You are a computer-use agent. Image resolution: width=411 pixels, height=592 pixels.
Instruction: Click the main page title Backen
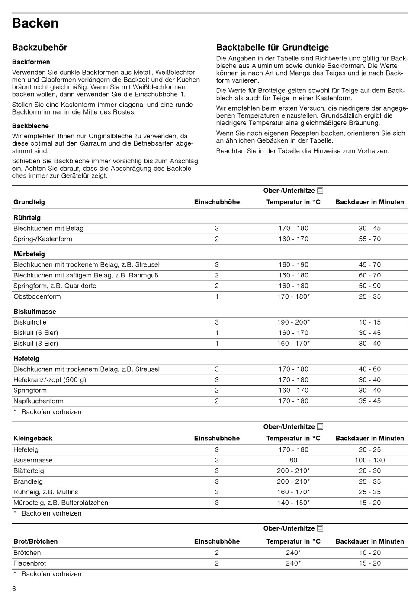click(35, 23)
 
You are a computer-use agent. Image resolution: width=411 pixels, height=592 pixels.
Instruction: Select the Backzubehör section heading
click(40, 48)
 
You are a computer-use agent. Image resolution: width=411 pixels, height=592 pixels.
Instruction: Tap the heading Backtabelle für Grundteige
click(272, 48)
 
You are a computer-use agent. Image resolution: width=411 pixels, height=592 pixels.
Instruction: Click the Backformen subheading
click(31, 62)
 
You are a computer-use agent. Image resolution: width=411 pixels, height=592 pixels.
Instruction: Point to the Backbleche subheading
click(30, 126)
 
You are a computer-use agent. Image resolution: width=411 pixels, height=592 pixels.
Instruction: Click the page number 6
click(14, 589)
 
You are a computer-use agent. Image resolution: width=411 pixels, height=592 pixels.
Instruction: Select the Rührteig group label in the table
click(27, 218)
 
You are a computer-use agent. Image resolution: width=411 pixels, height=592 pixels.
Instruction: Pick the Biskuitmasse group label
click(35, 312)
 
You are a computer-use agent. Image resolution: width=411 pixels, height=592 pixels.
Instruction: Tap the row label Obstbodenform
click(37, 296)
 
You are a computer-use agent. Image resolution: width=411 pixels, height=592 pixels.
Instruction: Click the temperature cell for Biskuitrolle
click(293, 322)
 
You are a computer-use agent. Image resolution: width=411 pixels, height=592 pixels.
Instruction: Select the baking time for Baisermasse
click(369, 460)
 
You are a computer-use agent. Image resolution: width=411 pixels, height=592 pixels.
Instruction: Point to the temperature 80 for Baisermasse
click(293, 460)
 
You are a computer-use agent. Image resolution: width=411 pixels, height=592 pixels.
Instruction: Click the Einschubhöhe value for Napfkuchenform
click(217, 401)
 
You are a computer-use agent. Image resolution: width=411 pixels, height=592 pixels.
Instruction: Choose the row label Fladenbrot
click(29, 563)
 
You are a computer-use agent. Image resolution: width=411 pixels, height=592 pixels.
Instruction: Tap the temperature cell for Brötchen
click(293, 553)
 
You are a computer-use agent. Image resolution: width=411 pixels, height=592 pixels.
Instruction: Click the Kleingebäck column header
click(33, 438)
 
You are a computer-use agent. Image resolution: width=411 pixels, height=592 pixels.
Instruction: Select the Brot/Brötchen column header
click(35, 541)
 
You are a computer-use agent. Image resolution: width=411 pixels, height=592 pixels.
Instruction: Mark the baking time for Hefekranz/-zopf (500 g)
click(369, 380)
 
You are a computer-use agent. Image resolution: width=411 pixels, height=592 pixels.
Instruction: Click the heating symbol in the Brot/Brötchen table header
click(320, 528)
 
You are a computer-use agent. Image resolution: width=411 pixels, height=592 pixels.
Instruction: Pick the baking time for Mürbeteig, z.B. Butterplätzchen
click(369, 503)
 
